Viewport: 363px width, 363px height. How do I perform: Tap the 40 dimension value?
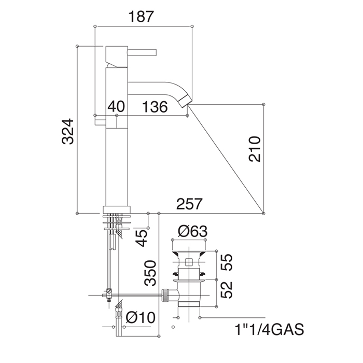click(x=117, y=107)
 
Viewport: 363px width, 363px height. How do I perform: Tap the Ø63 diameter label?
click(x=192, y=231)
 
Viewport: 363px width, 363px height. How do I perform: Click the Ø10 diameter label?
click(x=140, y=317)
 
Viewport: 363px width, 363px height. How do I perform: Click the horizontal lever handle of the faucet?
click(x=143, y=52)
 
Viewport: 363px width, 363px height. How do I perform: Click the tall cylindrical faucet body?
click(x=117, y=156)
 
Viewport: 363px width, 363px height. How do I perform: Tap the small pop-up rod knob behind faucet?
click(x=100, y=121)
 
